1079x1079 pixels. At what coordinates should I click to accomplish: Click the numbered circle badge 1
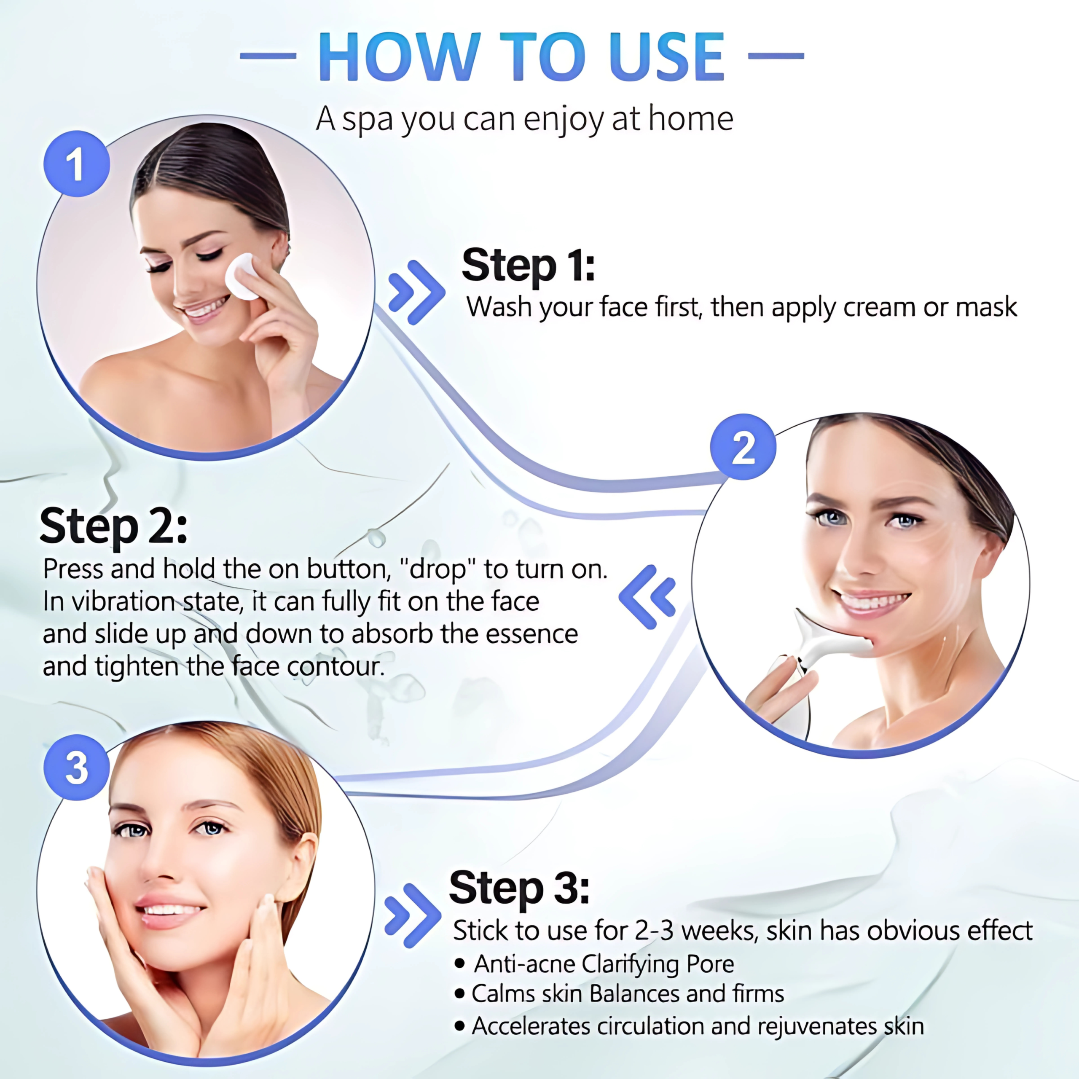click(x=77, y=164)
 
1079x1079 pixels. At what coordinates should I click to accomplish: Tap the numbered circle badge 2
click(x=743, y=447)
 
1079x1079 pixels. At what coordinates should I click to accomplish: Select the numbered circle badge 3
click(x=77, y=767)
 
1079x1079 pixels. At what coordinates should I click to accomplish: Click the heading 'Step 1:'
click(x=528, y=265)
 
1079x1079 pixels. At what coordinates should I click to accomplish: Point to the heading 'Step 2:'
click(x=113, y=527)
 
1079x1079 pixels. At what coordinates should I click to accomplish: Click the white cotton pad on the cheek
click(x=242, y=277)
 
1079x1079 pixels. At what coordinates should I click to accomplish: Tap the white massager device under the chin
click(x=821, y=642)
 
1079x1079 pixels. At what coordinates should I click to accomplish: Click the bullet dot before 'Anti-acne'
click(x=460, y=964)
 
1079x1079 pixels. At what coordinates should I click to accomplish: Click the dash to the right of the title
click(x=775, y=56)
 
